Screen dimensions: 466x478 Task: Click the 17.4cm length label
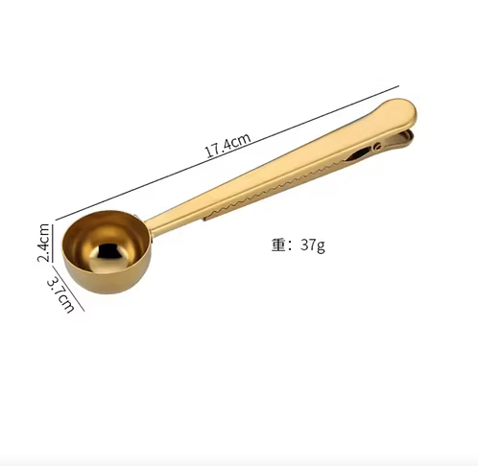click(x=227, y=149)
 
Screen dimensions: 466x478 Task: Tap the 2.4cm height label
click(x=43, y=243)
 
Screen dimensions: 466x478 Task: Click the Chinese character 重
click(x=278, y=245)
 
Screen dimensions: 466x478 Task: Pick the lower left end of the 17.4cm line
click(x=56, y=219)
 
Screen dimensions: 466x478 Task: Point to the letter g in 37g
click(x=321, y=246)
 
